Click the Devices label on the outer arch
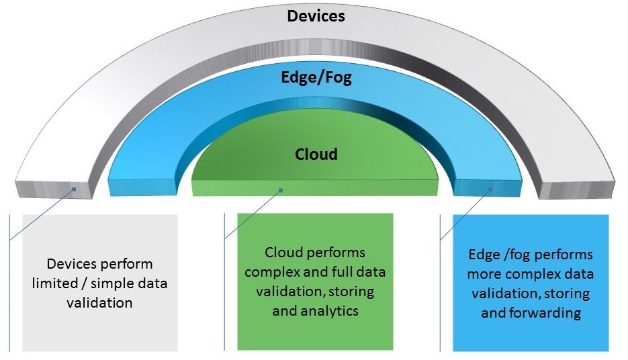pyautogui.click(x=316, y=15)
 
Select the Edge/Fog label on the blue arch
pyautogui.click(x=316, y=78)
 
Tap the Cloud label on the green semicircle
pyautogui.click(x=316, y=154)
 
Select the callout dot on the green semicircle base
pyautogui.click(x=281, y=190)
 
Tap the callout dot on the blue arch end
pyautogui.click(x=491, y=189)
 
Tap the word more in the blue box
pyautogui.click(x=486, y=274)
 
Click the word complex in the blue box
pyautogui.click(x=533, y=274)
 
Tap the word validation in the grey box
pyautogui.click(x=99, y=303)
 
